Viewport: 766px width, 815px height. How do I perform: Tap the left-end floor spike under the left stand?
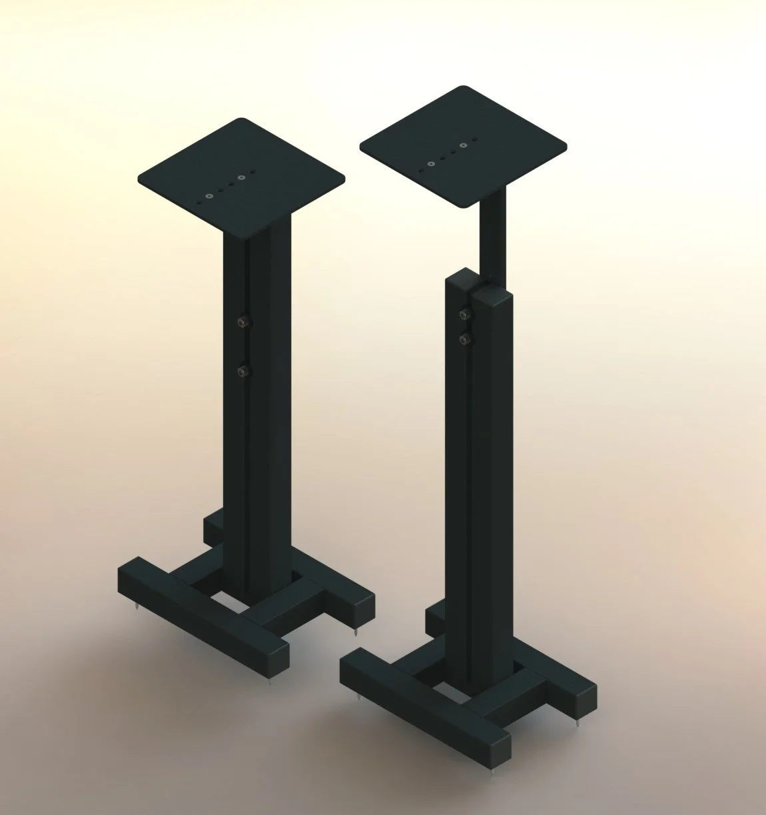(x=135, y=608)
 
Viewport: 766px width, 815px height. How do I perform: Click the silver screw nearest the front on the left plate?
(x=210, y=196)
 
